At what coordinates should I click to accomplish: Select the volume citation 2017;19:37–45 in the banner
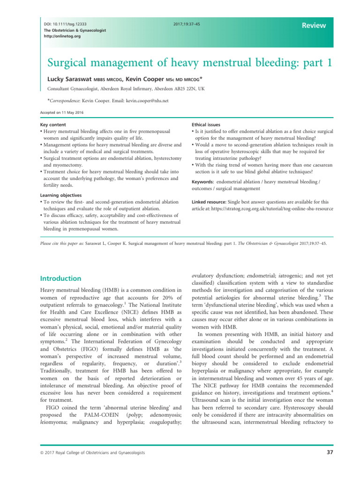coord(187,23)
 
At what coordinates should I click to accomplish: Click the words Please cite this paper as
coord(53,244)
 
